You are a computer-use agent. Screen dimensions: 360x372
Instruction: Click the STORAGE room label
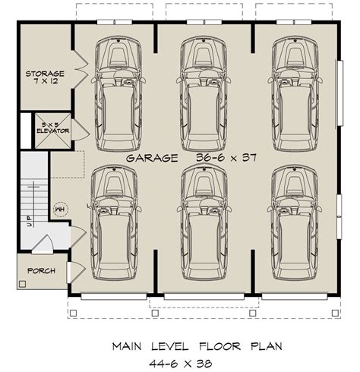click(x=45, y=74)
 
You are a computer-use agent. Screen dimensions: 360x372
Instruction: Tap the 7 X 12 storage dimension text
click(x=46, y=81)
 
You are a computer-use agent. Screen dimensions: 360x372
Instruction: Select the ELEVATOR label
click(x=53, y=131)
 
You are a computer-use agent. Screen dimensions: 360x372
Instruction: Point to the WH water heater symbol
click(x=61, y=210)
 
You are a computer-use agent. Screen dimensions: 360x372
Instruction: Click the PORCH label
click(x=41, y=271)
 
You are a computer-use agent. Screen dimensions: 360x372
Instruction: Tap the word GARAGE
click(x=152, y=158)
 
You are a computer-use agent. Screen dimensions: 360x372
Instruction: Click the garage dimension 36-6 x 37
click(x=226, y=158)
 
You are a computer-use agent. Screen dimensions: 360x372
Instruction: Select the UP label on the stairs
click(x=30, y=221)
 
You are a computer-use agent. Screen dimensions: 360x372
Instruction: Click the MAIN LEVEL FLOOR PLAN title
click(x=197, y=346)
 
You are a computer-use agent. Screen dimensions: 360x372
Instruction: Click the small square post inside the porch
click(x=23, y=284)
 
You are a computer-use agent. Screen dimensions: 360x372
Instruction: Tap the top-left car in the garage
click(x=118, y=93)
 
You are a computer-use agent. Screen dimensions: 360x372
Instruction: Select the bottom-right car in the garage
click(x=295, y=223)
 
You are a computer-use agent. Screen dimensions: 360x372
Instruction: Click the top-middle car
click(x=204, y=94)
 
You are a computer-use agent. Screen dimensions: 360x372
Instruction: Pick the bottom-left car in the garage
click(x=115, y=222)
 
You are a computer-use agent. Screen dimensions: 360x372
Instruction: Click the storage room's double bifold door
click(x=81, y=69)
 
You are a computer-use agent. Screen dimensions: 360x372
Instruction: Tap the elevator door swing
click(x=81, y=130)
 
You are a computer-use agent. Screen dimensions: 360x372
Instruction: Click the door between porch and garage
click(x=76, y=273)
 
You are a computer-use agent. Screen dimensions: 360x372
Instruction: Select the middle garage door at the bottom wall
click(x=204, y=297)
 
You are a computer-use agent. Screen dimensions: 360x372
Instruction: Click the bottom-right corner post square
click(x=335, y=313)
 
